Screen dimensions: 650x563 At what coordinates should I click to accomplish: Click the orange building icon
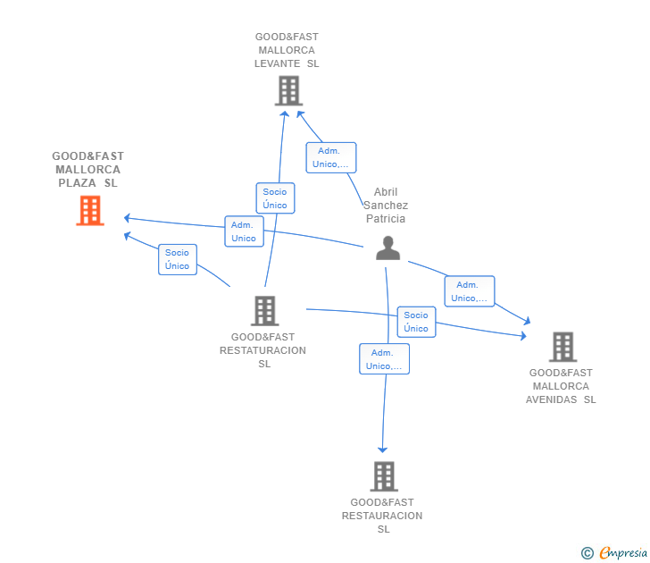click(90, 211)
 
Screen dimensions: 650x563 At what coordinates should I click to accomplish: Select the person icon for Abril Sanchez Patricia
click(388, 248)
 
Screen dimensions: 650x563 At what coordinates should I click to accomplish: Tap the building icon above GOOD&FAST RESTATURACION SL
click(265, 311)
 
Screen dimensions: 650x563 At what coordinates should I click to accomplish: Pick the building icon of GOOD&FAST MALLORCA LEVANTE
click(289, 91)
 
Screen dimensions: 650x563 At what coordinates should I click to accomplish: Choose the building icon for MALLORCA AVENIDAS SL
click(562, 347)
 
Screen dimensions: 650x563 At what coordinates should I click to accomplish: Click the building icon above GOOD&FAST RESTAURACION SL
click(384, 476)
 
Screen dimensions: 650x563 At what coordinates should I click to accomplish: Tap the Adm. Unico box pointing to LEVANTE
click(330, 157)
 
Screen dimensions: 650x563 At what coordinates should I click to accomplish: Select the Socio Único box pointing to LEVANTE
click(275, 198)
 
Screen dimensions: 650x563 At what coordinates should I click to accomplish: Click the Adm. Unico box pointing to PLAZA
click(244, 231)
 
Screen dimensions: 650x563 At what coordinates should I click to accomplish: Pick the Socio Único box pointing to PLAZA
click(178, 259)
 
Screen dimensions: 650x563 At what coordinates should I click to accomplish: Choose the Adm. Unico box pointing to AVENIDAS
click(470, 291)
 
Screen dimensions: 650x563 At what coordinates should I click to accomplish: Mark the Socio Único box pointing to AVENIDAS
click(416, 322)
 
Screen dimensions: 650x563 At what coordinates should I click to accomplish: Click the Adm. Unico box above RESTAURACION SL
click(384, 359)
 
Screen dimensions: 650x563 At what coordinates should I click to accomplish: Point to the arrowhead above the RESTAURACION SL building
click(383, 450)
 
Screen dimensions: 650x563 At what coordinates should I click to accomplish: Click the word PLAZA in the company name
click(77, 183)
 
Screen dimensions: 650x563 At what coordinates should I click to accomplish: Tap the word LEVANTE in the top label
click(278, 63)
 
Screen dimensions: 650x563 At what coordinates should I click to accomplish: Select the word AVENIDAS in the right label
click(552, 399)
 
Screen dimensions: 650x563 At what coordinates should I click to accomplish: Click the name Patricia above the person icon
click(386, 219)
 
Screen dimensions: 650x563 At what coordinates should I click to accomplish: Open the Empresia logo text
click(623, 553)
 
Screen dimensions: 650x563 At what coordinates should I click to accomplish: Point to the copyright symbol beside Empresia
click(587, 553)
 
